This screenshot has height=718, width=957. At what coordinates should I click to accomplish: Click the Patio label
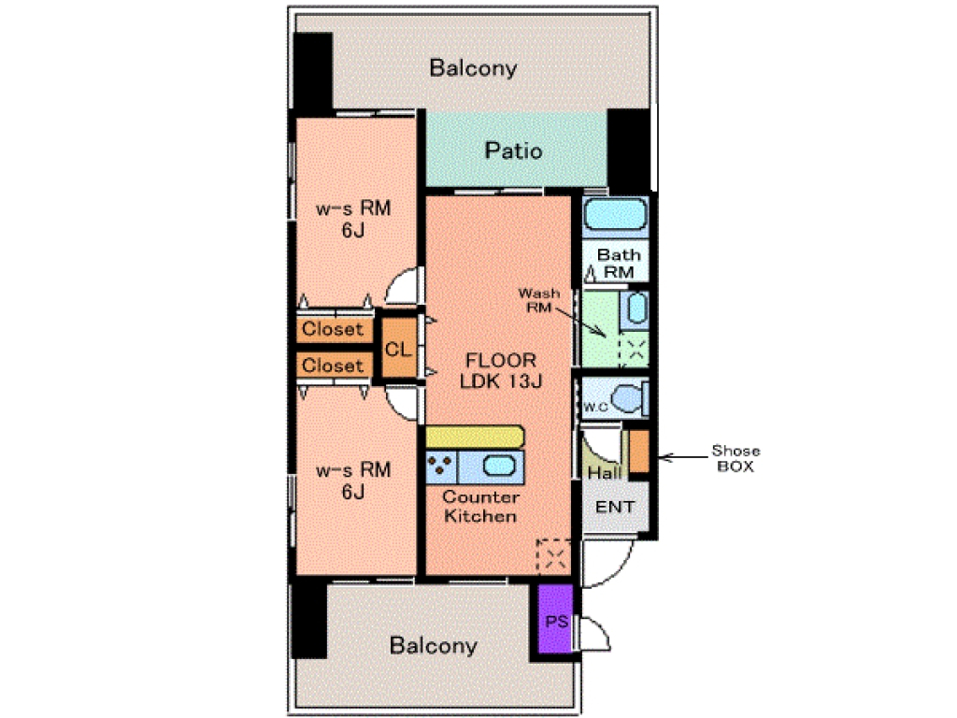(x=513, y=151)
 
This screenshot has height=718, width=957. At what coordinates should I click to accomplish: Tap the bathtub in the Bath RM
(x=615, y=216)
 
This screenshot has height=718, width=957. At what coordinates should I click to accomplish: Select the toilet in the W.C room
(x=630, y=398)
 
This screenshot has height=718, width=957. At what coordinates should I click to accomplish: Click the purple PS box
(x=556, y=619)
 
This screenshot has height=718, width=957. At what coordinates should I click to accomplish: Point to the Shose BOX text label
(x=736, y=458)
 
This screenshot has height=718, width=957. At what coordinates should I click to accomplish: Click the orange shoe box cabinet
(x=639, y=452)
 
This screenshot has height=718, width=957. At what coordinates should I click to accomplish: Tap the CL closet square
(x=398, y=348)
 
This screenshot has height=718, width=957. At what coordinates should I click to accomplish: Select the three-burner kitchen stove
(x=441, y=467)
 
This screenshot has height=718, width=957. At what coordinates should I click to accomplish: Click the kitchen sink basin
(x=499, y=466)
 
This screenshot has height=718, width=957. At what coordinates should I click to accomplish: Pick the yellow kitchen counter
(x=475, y=438)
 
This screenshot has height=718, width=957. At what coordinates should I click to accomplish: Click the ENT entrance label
(x=615, y=507)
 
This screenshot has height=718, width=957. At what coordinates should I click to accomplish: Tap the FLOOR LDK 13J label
(x=501, y=370)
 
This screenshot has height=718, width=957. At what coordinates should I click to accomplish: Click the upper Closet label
(x=333, y=329)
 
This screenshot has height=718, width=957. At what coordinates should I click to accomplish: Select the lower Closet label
(x=333, y=366)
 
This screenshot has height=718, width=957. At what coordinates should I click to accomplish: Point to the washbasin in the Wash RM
(x=636, y=309)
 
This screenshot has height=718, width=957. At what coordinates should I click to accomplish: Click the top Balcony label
(x=473, y=67)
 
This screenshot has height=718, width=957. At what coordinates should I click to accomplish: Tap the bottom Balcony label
(x=434, y=645)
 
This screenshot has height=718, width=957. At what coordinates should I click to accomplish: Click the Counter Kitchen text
(x=481, y=506)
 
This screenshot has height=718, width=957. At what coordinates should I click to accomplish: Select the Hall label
(x=605, y=472)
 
